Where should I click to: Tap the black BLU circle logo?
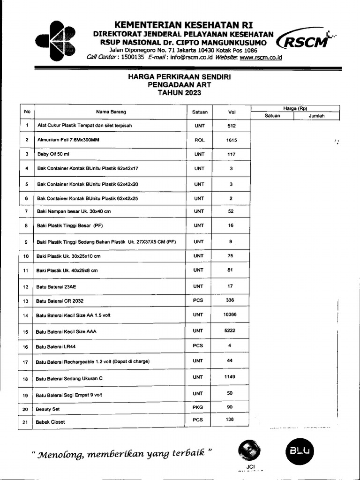pos(300,451)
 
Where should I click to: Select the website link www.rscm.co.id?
pos(261,57)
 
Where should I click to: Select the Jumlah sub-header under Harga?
pos(316,116)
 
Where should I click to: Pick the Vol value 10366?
pos(231,315)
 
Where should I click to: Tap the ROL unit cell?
pos(199,140)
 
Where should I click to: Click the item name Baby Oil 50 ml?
pos(53,154)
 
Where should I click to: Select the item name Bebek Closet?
pos(51,422)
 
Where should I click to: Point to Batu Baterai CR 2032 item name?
pos(60,301)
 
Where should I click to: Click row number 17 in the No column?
pos(26,362)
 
